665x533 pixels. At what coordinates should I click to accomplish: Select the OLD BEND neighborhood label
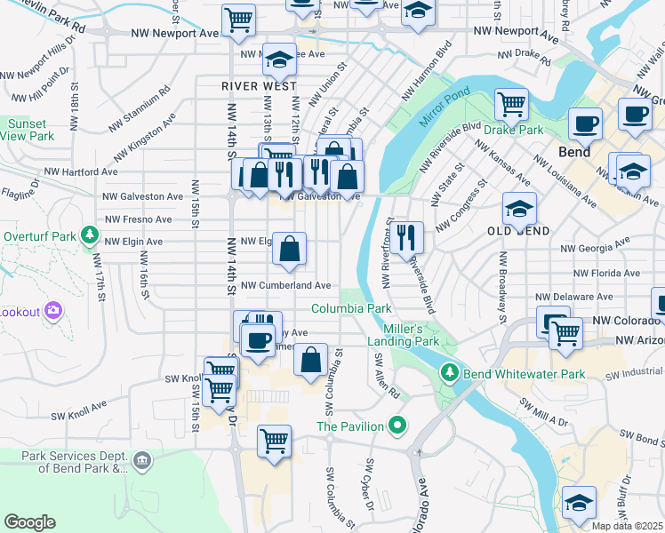click(518, 231)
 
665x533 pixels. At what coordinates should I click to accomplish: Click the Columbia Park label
click(351, 308)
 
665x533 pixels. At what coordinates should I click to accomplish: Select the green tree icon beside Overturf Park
click(89, 236)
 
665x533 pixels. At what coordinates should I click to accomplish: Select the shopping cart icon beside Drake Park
click(512, 105)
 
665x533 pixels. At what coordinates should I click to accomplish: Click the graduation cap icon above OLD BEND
click(519, 210)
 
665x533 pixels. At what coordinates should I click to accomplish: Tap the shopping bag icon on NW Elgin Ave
click(290, 250)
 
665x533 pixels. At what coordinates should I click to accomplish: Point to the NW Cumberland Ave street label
click(286, 286)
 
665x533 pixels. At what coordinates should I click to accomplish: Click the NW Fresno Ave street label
click(138, 219)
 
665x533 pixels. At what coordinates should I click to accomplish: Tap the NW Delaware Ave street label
click(573, 297)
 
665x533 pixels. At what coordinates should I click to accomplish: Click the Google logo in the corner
click(29, 522)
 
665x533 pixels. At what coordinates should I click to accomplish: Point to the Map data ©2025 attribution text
click(627, 526)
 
